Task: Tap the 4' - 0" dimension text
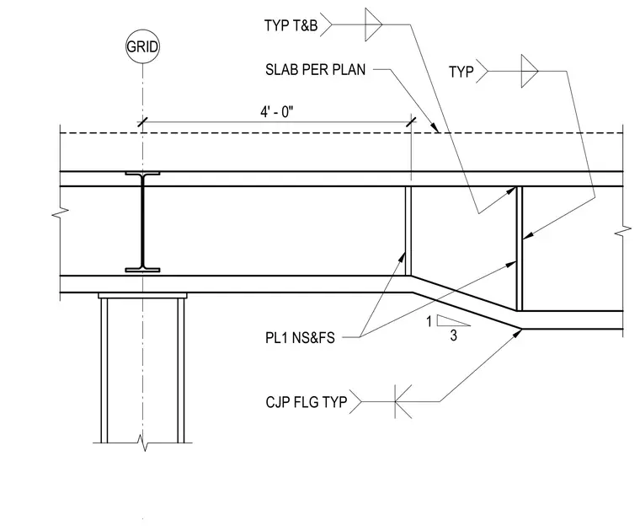277,111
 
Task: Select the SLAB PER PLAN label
315,70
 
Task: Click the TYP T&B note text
291,25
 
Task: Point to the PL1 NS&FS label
300,338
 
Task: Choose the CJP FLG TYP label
307,402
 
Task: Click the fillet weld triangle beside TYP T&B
373,24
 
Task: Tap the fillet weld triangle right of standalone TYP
530,71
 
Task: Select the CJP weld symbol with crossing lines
403,401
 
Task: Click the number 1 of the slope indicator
429,322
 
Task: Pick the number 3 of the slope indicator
453,335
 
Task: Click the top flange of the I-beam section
142,174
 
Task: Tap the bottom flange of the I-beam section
142,270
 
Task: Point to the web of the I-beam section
142,222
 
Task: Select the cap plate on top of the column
142,296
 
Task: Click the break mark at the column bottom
142,443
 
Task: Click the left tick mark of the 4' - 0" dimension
142,121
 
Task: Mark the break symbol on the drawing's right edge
623,232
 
